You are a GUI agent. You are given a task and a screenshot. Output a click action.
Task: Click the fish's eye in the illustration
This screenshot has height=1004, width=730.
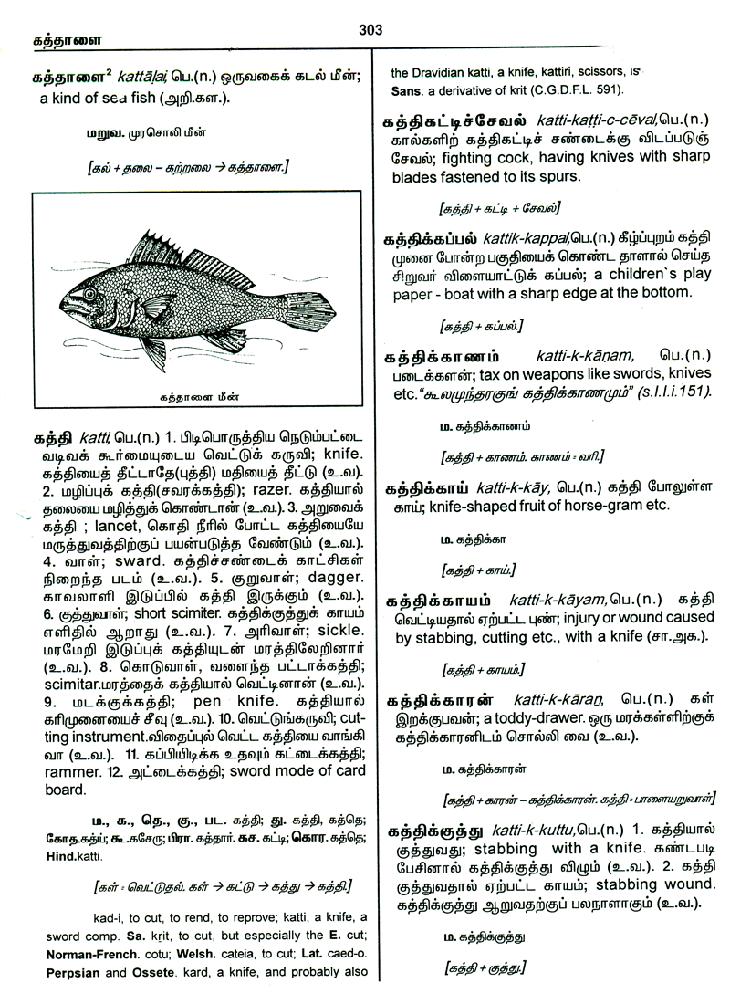[90, 295]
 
